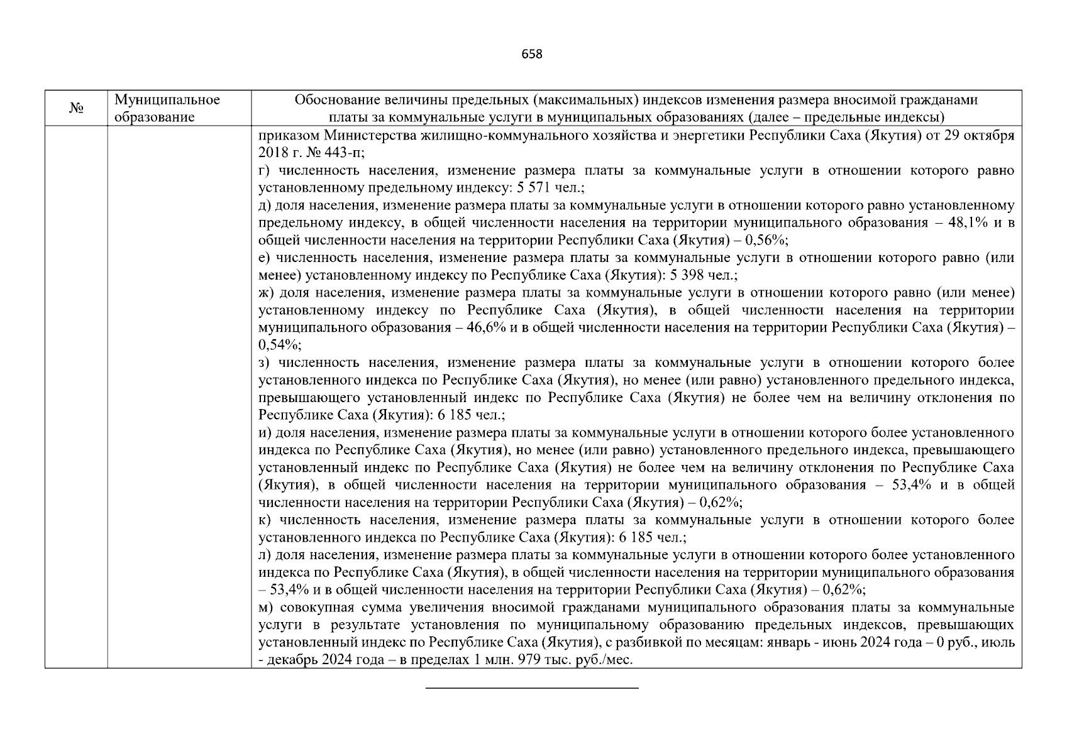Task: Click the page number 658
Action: [x=532, y=54]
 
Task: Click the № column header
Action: [x=76, y=108]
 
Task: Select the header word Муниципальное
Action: [x=167, y=100]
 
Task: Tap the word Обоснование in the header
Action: [x=334, y=100]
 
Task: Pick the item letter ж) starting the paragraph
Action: [x=267, y=293]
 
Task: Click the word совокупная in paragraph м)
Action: [x=311, y=608]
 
